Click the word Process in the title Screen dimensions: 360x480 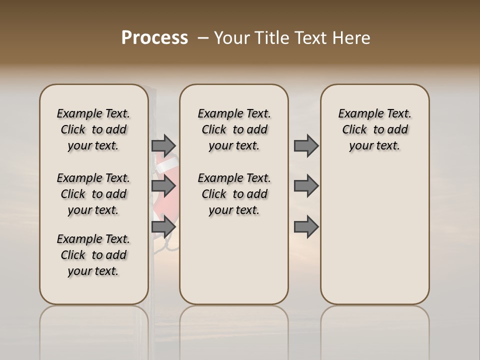tap(154, 38)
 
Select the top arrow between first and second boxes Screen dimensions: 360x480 tap(163, 146)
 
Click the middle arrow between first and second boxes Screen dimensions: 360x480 tap(163, 186)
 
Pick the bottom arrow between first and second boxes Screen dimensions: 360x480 tap(163, 227)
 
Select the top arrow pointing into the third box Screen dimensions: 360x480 tap(306, 146)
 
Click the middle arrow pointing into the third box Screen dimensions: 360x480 tap(306, 186)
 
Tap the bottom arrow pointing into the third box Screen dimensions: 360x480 tap(306, 227)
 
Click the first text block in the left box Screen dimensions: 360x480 tap(93, 129)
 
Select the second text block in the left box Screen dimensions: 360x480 tap(93, 194)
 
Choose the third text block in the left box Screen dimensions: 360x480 tap(93, 255)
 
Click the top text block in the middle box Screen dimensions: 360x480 tap(234, 129)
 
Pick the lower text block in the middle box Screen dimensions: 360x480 tap(234, 194)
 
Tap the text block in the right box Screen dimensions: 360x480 tap(374, 129)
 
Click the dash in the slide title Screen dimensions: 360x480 tap(202, 38)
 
